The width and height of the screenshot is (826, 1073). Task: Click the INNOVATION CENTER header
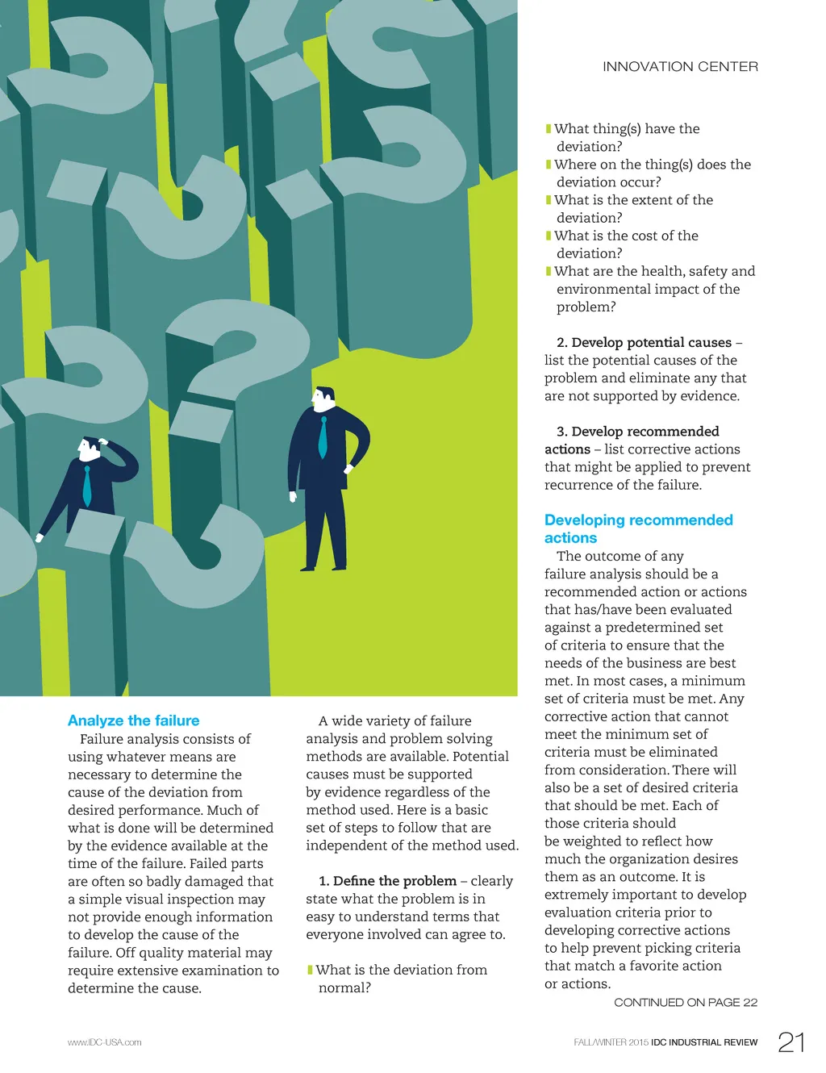pyautogui.click(x=680, y=67)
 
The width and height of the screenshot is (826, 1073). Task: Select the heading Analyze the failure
pyautogui.click(x=134, y=720)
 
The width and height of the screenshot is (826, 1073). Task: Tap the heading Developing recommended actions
pyautogui.click(x=638, y=528)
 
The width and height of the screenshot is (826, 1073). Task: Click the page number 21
pyautogui.click(x=791, y=1042)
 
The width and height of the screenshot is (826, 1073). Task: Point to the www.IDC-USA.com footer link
pyautogui.click(x=105, y=1042)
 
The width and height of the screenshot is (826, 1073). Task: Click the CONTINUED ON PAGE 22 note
pyautogui.click(x=686, y=1002)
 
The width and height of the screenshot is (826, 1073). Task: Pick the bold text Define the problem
pyautogui.click(x=394, y=881)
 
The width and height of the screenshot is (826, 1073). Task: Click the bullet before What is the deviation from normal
pyautogui.click(x=310, y=970)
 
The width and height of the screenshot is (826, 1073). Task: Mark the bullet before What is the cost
pyautogui.click(x=549, y=236)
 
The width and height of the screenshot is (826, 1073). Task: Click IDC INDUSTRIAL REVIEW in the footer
pyautogui.click(x=704, y=1042)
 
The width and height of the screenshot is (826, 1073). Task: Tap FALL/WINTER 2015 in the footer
pyautogui.click(x=611, y=1042)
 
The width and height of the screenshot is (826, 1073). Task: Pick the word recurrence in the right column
pyautogui.click(x=578, y=485)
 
